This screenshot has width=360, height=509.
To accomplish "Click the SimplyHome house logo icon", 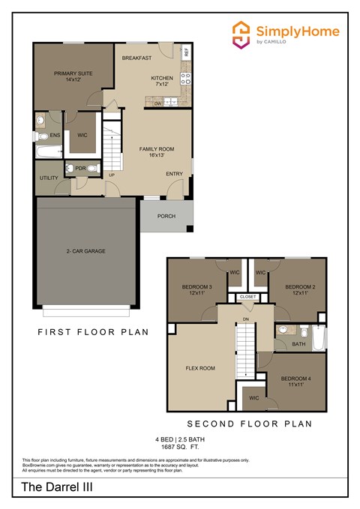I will tap(241, 34).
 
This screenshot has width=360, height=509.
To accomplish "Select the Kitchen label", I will tap(162, 81).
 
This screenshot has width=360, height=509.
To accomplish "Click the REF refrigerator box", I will tap(187, 52).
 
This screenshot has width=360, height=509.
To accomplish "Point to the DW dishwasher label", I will tap(158, 103).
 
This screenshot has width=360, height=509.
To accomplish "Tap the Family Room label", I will tap(157, 152).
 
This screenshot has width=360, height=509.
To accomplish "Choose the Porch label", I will tap(166, 216).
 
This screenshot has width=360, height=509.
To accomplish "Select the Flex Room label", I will tap(200, 368).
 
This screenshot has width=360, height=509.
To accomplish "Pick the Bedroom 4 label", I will tap(298, 382).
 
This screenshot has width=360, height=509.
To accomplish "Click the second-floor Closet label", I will tap(247, 297).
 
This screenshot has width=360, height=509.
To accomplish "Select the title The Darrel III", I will tap(52, 487).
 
